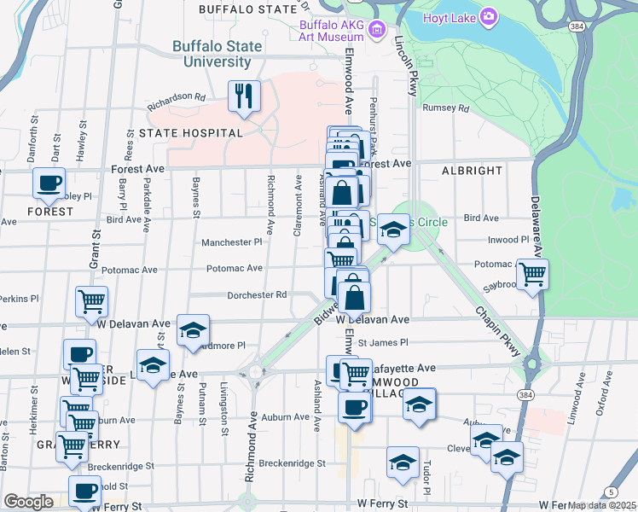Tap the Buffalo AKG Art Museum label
pos(333,30)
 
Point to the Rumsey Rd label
pos(446,108)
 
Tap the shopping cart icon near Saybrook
pos(532,275)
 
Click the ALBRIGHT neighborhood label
pos(472,171)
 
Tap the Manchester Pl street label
pos(231,242)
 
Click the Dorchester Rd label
pos(256,295)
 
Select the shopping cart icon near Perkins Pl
pos(91,301)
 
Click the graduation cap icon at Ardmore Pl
pos(194,329)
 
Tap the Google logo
pos(28,502)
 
